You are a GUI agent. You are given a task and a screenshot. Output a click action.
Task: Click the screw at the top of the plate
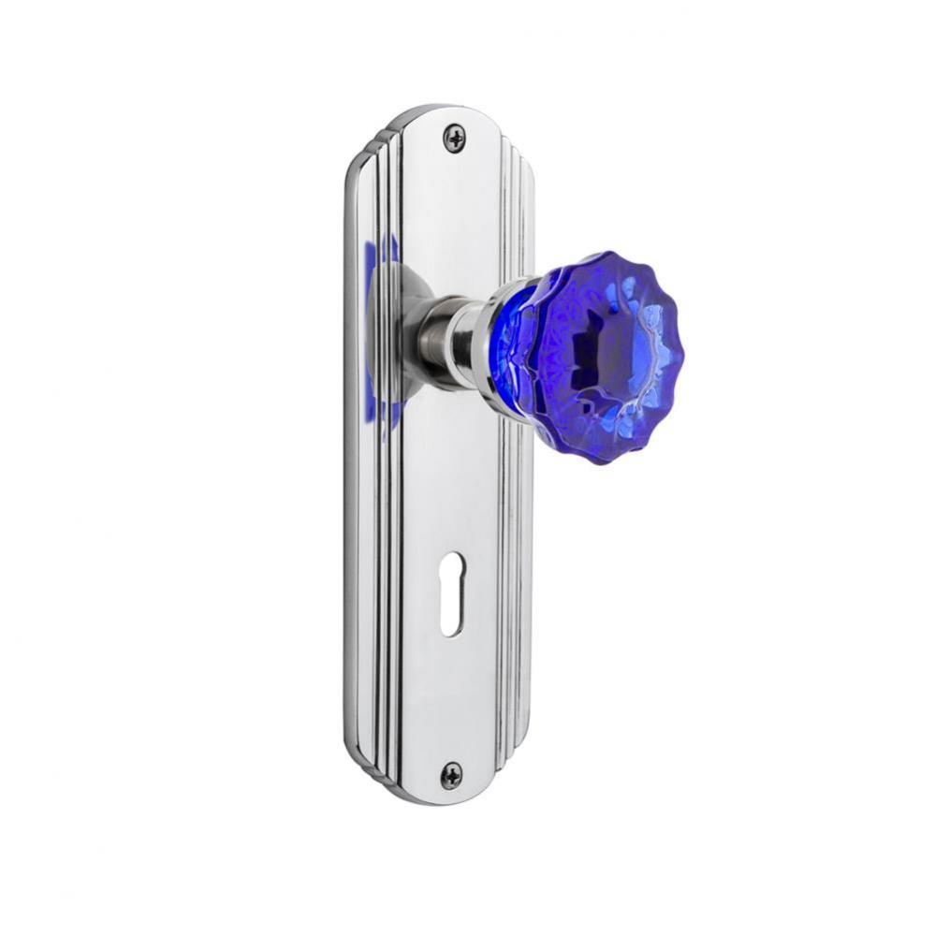456,139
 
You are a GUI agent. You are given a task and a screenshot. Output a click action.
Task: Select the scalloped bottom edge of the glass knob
599,454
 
